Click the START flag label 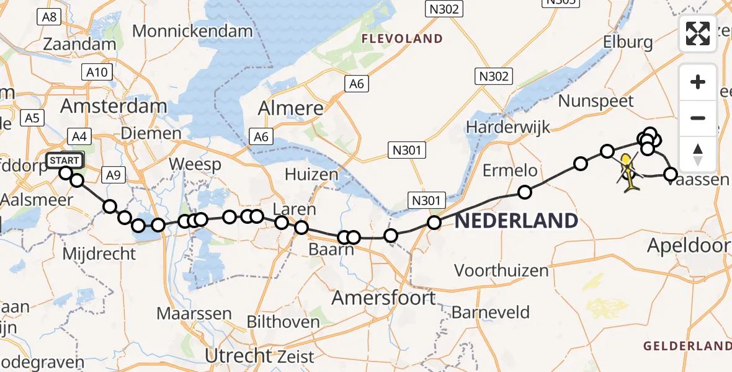[64, 161]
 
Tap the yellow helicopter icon [628, 172]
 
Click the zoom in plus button [698, 82]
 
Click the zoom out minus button [698, 118]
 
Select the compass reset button [698, 154]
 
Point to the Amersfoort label [383, 298]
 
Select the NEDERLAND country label [516, 221]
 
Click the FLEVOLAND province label [403, 38]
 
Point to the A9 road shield [112, 175]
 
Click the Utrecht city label [239, 355]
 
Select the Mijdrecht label [99, 253]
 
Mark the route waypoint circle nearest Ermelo [525, 192]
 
